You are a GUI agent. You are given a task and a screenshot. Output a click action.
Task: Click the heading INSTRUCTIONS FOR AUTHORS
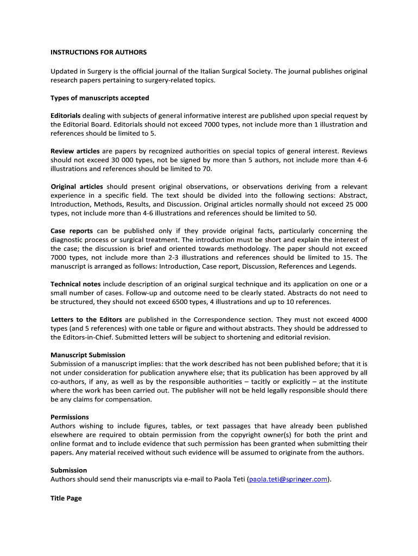99,53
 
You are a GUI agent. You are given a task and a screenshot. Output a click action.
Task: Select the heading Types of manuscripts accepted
100,98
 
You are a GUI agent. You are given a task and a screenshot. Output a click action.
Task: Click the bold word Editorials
66,116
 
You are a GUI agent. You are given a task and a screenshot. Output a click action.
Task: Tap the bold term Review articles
75,151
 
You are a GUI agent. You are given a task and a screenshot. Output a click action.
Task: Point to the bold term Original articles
77,187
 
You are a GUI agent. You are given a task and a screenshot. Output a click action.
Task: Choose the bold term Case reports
72,231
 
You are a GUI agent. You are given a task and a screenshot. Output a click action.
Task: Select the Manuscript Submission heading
88,355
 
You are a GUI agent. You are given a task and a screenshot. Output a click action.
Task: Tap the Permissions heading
69,417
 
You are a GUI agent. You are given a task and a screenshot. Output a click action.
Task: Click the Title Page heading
66,498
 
